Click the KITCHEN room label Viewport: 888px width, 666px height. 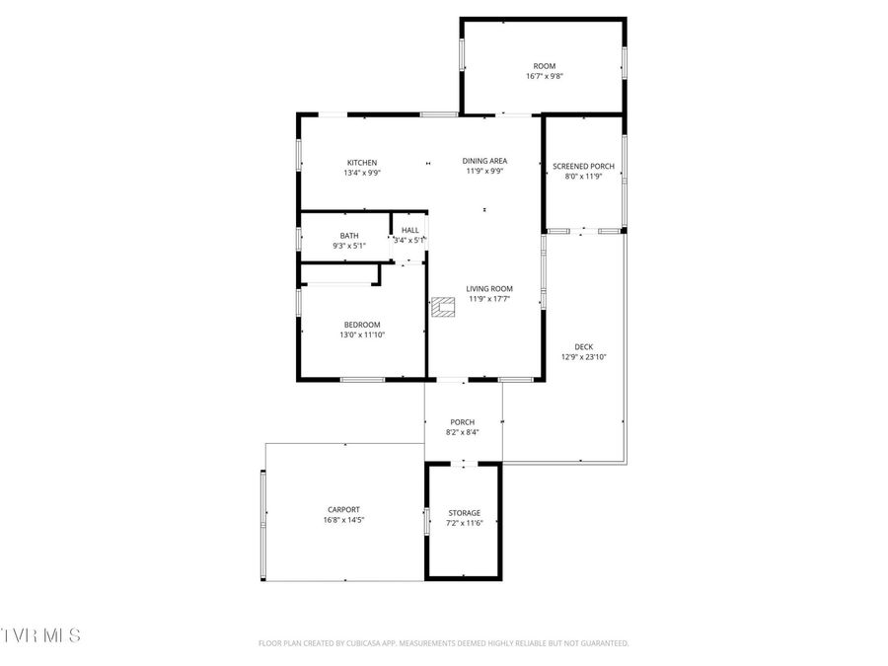[x=361, y=163]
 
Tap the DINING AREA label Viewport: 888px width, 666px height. [x=484, y=160]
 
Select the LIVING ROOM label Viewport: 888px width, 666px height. [x=489, y=289]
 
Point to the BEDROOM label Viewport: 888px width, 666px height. [x=361, y=325]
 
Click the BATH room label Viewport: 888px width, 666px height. [x=349, y=236]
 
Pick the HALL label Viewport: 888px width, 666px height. [x=409, y=230]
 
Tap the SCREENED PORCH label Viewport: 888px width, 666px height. [x=583, y=167]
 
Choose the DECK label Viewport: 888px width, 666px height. [x=583, y=346]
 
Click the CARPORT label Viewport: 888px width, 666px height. [x=343, y=510]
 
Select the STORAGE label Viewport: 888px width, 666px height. [x=464, y=513]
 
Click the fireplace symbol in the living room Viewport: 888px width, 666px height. [x=442, y=308]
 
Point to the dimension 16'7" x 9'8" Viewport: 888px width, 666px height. [x=545, y=76]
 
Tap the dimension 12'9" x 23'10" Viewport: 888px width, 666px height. [x=583, y=357]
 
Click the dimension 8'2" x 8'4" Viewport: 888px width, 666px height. [x=462, y=432]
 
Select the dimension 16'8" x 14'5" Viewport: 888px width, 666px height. [x=343, y=520]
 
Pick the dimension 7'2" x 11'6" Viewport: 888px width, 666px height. [x=464, y=523]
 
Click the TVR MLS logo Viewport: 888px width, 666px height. [x=41, y=634]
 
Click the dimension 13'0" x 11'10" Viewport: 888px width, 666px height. [x=361, y=334]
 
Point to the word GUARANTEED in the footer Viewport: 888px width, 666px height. [x=604, y=643]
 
